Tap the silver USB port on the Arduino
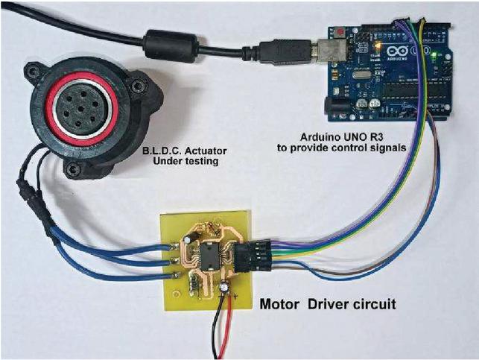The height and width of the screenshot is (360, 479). (x=330, y=51)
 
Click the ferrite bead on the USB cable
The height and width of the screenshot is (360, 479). (x=171, y=45)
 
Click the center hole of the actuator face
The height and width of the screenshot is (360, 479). (x=80, y=109)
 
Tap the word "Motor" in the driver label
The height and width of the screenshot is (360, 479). (x=279, y=304)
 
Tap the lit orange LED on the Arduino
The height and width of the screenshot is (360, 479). (x=378, y=46)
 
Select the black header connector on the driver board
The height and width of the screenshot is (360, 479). (x=252, y=256)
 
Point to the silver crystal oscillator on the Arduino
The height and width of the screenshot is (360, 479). (x=360, y=75)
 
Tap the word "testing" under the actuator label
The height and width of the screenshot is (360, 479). (x=201, y=161)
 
